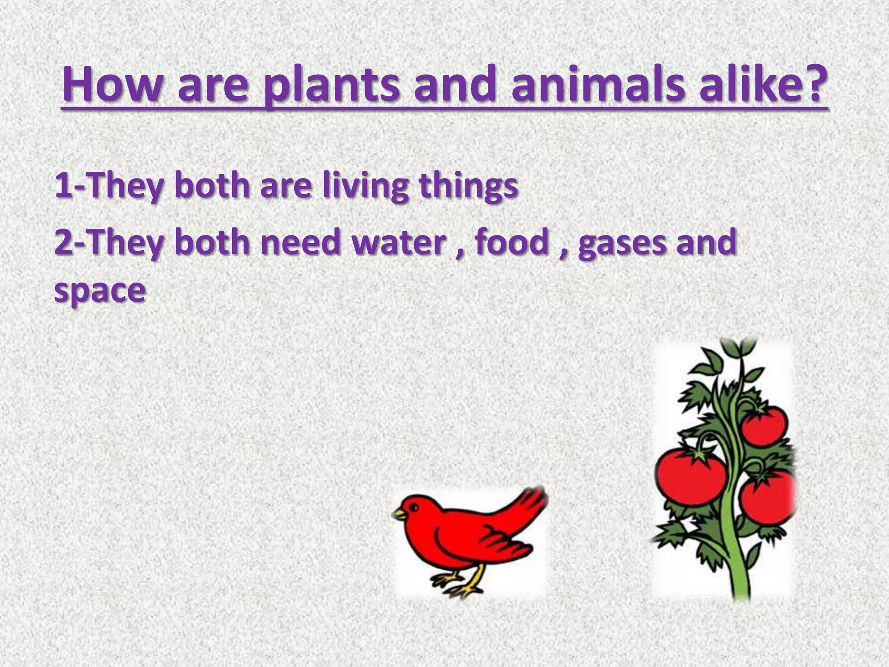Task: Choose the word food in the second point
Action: (512, 242)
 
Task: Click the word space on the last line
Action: (99, 290)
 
